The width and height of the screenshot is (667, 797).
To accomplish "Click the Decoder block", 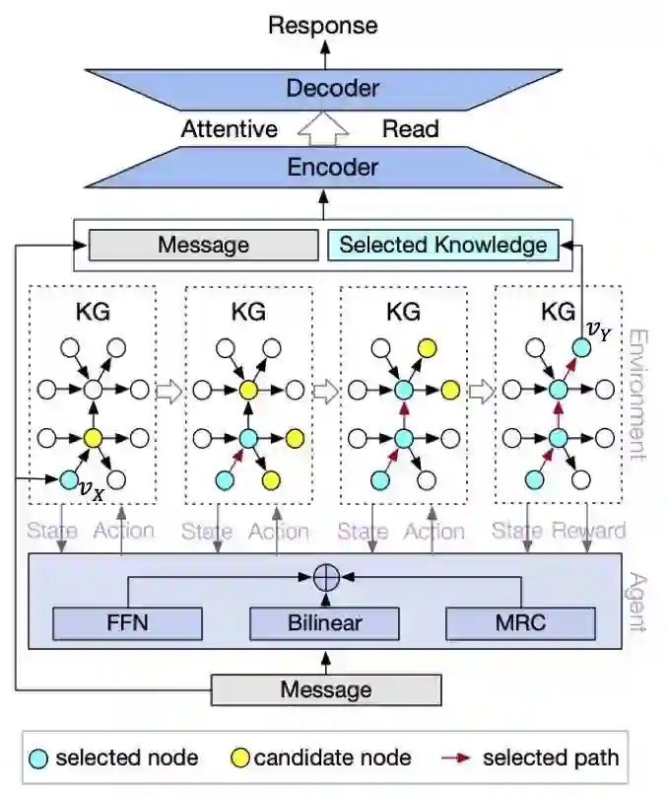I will [332, 88].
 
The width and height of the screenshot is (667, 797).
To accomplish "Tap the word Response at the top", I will [323, 25].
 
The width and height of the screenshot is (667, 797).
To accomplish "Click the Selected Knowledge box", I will [442, 245].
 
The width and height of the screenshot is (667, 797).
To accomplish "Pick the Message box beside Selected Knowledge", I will [203, 245].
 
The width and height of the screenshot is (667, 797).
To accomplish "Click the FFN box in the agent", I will [127, 623].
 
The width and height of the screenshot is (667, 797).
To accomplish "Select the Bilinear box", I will [325, 623].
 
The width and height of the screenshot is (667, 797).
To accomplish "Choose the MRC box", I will [521, 623].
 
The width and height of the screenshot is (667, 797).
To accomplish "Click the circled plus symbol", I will [325, 578].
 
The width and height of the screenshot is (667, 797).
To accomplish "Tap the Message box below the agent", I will [326, 689].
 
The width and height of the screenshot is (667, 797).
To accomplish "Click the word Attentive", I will [229, 128].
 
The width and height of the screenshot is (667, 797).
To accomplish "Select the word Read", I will [410, 128].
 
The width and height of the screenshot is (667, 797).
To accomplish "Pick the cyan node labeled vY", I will [581, 346].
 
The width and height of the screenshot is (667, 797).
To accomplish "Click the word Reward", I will [588, 532].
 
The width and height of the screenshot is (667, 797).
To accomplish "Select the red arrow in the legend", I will [458, 758].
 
